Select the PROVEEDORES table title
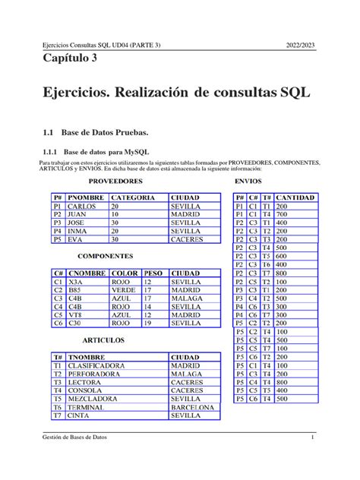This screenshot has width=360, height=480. [x=116, y=182]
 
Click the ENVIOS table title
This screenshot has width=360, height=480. [x=249, y=182]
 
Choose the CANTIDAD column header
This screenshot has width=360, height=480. [x=295, y=197]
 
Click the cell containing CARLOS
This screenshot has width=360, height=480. [x=81, y=207]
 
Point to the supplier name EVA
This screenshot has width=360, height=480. [x=75, y=239]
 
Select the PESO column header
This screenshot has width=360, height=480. [x=153, y=273]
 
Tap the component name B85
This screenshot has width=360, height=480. [x=75, y=290]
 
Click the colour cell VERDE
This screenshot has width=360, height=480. [x=124, y=290]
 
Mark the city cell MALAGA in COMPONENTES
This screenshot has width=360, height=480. [x=187, y=298]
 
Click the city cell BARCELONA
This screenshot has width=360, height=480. [x=194, y=407]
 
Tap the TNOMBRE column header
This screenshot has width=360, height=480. [x=90, y=356]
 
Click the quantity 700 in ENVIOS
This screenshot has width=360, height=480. [x=283, y=215]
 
